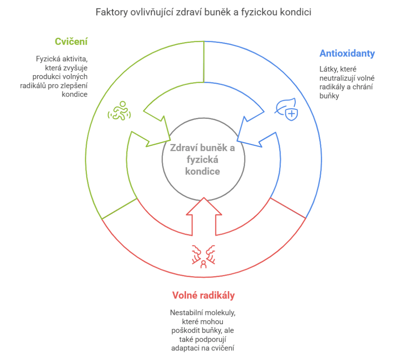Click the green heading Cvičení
coord(72,42)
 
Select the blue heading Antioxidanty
coord(347,53)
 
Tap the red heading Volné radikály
coord(203,296)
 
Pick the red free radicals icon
coord(203,256)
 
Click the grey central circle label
coord(203,160)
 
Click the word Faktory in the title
coord(112,12)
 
